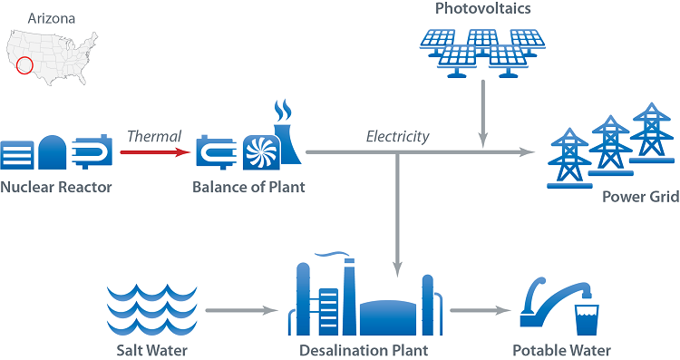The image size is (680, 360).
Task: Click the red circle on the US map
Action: click(x=24, y=65)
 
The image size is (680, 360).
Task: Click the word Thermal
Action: click(x=154, y=136)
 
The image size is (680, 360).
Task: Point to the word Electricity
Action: click(x=397, y=137)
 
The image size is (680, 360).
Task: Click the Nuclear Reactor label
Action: click(x=56, y=188)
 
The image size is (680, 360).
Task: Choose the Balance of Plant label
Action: click(x=248, y=188)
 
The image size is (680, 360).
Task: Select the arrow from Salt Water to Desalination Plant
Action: click(x=240, y=311)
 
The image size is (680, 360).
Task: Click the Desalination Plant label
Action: click(x=363, y=350)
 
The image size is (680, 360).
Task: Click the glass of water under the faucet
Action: click(x=587, y=318)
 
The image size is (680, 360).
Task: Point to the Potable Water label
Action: click(x=561, y=350)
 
